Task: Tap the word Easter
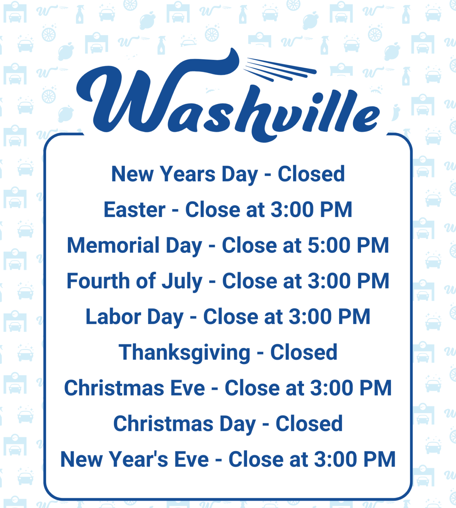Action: [134, 210]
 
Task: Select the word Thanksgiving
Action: [184, 353]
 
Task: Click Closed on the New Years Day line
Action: [311, 174]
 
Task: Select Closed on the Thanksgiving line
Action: [304, 352]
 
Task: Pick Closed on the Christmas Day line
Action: [309, 424]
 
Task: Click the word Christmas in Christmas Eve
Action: [114, 388]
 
